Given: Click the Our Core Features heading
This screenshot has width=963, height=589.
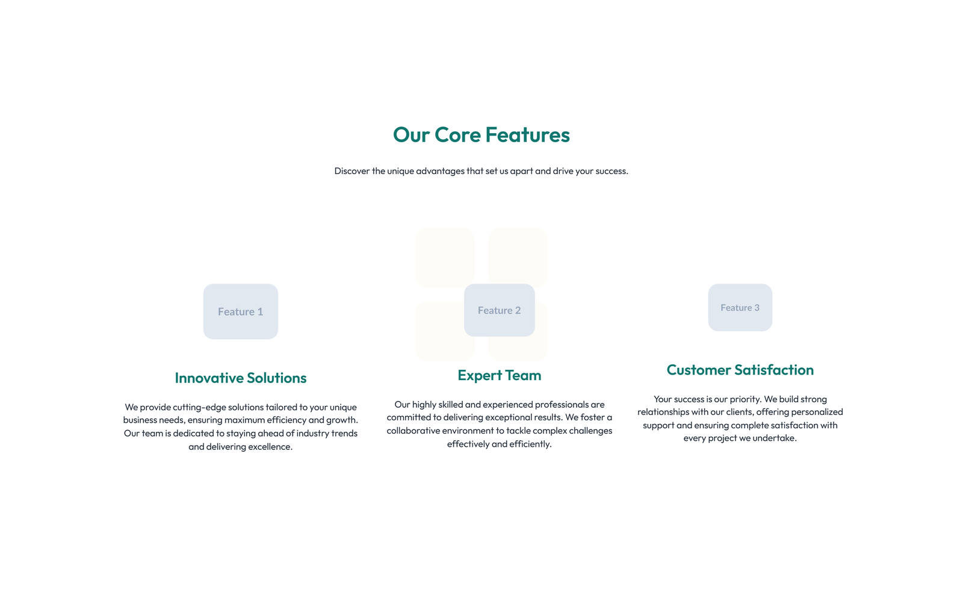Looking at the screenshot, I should click(x=481, y=135).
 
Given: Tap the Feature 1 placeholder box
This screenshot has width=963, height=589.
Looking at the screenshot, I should click(x=240, y=311).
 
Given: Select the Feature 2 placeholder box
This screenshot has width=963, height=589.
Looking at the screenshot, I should click(x=499, y=310).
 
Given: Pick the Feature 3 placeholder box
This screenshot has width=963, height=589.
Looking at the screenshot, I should click(x=740, y=308).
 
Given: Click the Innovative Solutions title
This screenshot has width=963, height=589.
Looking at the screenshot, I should click(x=240, y=378).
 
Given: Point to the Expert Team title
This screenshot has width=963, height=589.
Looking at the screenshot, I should click(x=499, y=375).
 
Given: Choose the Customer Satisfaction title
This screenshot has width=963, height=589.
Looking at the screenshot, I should click(x=740, y=370).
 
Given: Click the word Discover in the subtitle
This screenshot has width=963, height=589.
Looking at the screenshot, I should click(x=352, y=171).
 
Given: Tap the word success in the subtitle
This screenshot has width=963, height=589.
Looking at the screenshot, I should click(x=611, y=171).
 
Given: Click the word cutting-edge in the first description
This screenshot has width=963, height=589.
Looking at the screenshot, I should click(x=199, y=407).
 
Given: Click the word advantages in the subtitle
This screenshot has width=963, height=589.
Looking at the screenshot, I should click(x=440, y=171).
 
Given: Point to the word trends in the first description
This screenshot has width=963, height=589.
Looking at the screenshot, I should click(x=344, y=434).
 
